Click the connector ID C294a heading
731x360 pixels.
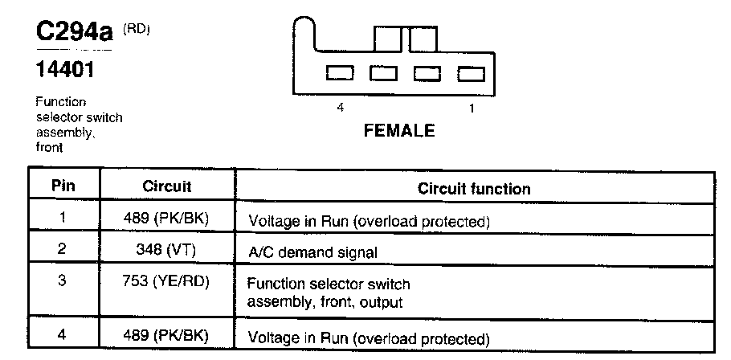coord(75,31)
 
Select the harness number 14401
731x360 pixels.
coord(65,70)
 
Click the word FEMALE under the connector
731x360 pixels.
coord(399,131)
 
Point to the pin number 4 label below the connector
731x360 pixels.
coord(341,108)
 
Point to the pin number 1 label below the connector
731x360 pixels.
coord(472,108)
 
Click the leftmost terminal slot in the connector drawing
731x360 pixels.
coord(339,73)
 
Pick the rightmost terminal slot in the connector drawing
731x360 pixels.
coord(471,74)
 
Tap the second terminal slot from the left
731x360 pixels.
coord(383,73)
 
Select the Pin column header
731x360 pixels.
coord(63,186)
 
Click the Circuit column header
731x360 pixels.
coord(167,186)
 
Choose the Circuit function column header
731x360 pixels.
coord(474,189)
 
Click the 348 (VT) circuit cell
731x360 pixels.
coord(166,249)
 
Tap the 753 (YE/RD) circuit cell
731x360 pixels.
coord(166,281)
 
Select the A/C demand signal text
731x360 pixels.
coord(312,253)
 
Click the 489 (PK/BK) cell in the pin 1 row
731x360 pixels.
coord(166,219)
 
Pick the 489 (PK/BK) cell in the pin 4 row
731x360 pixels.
coord(166,336)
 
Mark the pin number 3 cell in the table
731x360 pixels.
coord(62,281)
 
